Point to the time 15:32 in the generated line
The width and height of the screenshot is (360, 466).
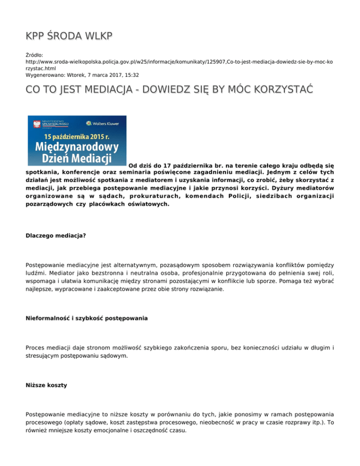pyautogui.click(x=130, y=74)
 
